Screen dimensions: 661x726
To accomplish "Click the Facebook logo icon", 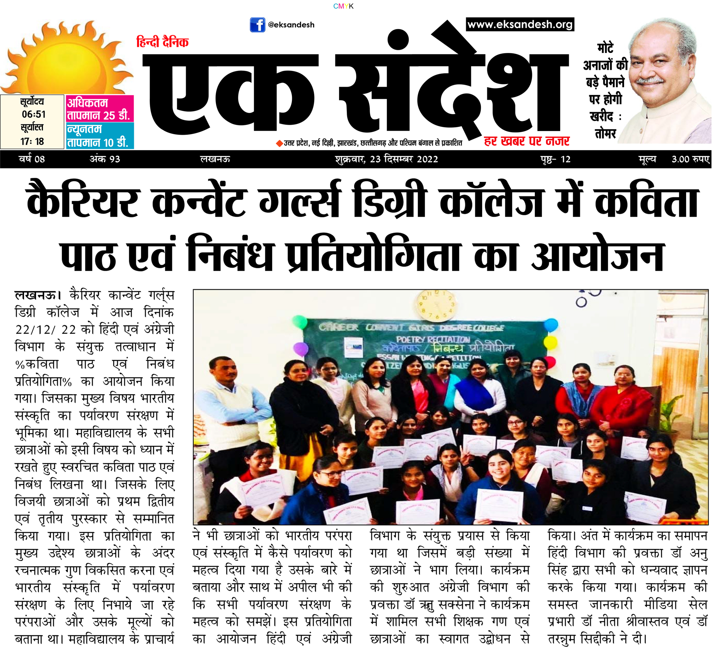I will (x=258, y=25).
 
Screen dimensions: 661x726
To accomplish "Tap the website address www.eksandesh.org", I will (x=520, y=25).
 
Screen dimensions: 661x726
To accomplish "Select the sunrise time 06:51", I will (x=33, y=114).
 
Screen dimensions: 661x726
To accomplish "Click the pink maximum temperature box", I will (x=100, y=109).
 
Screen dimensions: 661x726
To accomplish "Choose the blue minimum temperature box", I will (x=100, y=136).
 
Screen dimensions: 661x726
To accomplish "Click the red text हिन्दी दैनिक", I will (x=162, y=42).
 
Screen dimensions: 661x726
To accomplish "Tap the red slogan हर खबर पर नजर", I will (x=526, y=141).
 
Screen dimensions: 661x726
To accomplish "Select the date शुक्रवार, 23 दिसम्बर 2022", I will (x=386, y=159).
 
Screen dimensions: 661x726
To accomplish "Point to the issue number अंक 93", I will (x=105, y=159).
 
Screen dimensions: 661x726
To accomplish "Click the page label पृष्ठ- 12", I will (x=555, y=159).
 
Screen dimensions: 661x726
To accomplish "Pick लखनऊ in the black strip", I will (x=215, y=159).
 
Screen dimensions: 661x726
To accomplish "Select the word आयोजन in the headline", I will (x=597, y=255).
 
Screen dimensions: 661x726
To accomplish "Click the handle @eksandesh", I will (x=291, y=25).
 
